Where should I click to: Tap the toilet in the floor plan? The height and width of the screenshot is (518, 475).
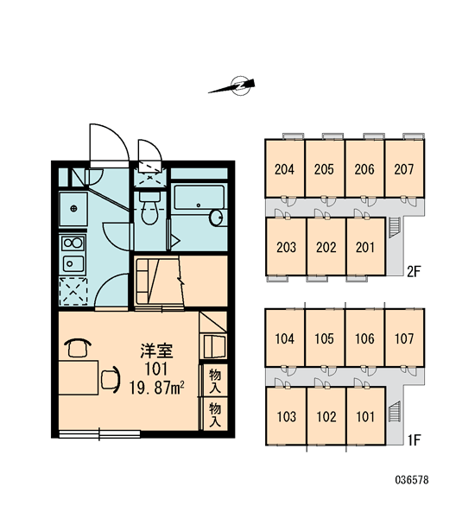tap(149, 207)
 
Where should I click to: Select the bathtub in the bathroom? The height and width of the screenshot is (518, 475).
tap(199, 197)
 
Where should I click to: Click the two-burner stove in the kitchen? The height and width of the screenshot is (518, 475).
tap(73, 243)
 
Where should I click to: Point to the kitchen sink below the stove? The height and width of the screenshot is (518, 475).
tap(73, 263)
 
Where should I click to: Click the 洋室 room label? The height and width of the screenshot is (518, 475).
tap(156, 351)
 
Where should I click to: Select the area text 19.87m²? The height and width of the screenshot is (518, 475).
tap(156, 387)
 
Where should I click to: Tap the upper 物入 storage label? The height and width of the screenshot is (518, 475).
tap(215, 381)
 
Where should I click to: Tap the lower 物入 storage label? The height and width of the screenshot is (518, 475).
tap(215, 414)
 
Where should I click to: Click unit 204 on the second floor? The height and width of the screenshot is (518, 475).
tap(285, 169)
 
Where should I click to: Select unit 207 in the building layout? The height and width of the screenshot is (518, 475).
tap(404, 169)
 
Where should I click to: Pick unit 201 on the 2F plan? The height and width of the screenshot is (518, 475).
tap(365, 247)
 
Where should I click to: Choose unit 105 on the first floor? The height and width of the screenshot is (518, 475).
tap(324, 338)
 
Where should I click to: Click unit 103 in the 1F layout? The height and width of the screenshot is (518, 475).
tap(286, 417)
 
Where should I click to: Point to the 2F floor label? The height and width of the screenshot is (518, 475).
tap(414, 272)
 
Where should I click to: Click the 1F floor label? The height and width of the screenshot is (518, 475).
tap(414, 440)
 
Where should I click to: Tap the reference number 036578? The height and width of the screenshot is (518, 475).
tap(412, 480)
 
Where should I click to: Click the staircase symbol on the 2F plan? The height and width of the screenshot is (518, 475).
tap(395, 228)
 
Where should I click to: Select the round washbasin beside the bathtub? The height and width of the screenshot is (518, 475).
tap(217, 218)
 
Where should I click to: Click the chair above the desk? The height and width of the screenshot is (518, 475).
tap(78, 348)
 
